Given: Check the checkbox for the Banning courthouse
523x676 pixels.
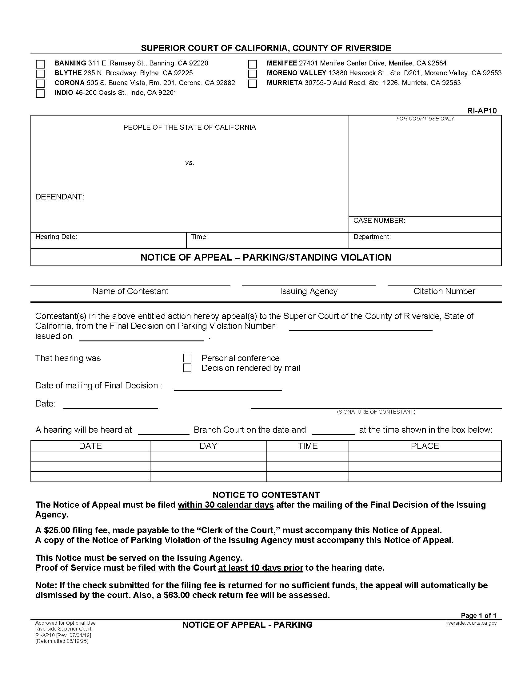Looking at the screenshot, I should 40,64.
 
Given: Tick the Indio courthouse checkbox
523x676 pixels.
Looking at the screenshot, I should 40,93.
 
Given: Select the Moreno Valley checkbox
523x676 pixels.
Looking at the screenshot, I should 253,74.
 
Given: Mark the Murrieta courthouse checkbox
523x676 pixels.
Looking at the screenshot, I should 253,84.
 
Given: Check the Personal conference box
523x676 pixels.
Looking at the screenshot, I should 187,358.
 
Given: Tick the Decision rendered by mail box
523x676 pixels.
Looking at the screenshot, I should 187,368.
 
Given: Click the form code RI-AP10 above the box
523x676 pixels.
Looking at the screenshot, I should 482,111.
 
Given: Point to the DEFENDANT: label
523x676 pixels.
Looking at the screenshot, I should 60,197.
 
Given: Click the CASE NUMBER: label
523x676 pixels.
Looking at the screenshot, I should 379,220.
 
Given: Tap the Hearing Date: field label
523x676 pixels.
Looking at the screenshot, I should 56,237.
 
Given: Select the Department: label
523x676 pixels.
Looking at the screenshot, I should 372,237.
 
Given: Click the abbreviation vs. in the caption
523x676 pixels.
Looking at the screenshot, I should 190,163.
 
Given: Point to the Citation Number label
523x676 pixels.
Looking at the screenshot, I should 444,291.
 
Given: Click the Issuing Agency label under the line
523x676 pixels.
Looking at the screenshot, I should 309,291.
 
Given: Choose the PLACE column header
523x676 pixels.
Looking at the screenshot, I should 425,446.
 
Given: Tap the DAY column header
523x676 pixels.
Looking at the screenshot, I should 208,446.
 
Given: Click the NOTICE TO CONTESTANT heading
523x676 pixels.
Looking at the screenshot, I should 266,495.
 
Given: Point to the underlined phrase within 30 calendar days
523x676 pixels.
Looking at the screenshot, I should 226,505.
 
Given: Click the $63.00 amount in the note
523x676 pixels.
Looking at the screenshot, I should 177,595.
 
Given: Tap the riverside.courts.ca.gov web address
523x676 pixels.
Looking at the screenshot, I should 471,623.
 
